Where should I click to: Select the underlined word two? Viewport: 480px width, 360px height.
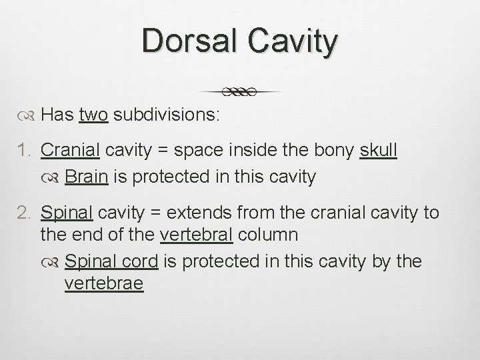point(94,115)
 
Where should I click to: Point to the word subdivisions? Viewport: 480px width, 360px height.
point(167,115)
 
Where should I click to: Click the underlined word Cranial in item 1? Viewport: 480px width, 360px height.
point(70,151)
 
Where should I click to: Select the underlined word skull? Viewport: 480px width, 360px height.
point(378,151)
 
